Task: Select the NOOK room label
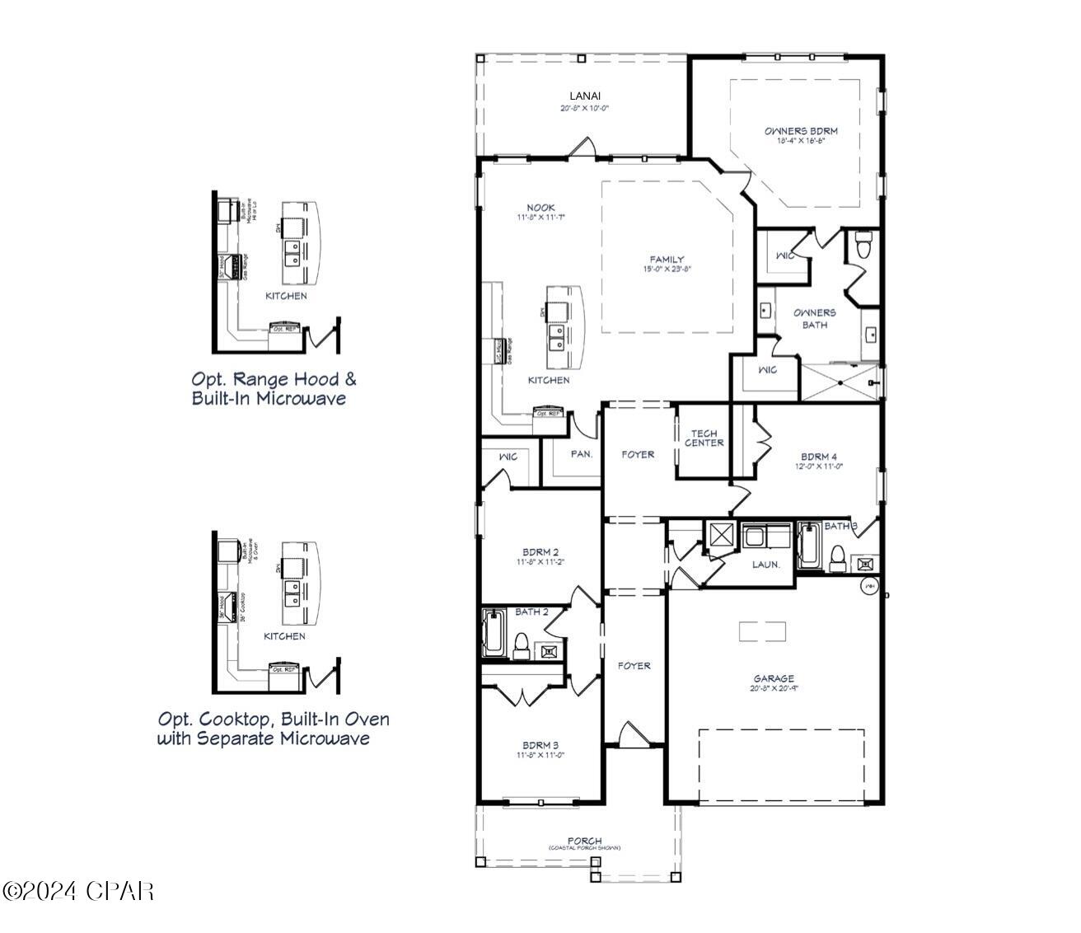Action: pos(540,208)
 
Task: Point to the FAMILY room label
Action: pos(667,260)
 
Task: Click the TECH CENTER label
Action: pos(704,438)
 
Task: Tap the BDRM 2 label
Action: pos(540,552)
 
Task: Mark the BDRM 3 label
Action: pos(540,745)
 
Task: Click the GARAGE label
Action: pos(773,678)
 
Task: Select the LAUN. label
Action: pos(765,565)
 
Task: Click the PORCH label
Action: pos(584,841)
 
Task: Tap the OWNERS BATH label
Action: pos(814,318)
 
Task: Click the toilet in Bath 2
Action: pos(521,645)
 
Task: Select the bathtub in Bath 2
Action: pos(494,633)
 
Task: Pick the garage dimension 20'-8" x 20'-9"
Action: pos(773,688)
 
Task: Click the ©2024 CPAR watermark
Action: pos(78,890)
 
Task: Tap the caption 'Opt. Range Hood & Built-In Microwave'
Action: pos(274,389)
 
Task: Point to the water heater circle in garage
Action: pos(869,586)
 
